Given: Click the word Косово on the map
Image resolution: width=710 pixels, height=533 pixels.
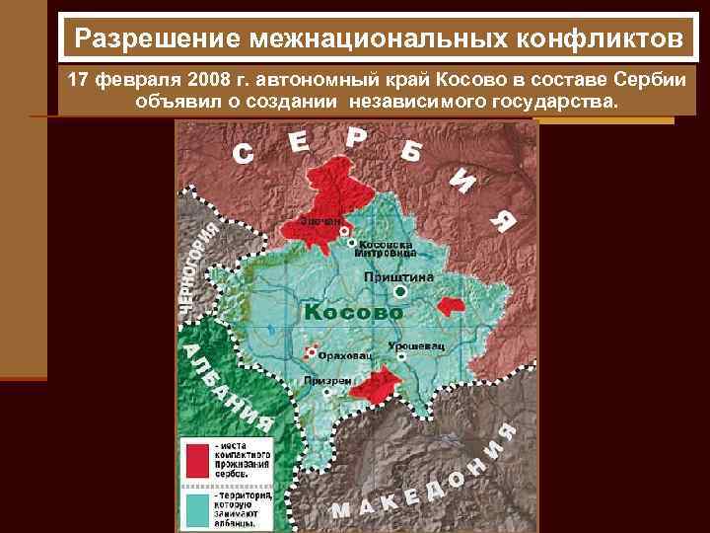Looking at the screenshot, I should pyautogui.click(x=354, y=312).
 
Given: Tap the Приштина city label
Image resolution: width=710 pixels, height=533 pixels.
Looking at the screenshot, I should pyautogui.click(x=399, y=277).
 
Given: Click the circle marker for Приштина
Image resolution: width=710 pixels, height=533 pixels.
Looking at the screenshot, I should pyautogui.click(x=400, y=293).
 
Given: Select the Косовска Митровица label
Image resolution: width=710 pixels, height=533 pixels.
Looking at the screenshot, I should pyautogui.click(x=381, y=248).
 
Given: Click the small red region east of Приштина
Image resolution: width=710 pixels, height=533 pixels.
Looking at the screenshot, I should pyautogui.click(x=451, y=307).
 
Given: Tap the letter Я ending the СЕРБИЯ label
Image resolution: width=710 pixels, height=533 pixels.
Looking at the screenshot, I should pyautogui.click(x=501, y=221).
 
